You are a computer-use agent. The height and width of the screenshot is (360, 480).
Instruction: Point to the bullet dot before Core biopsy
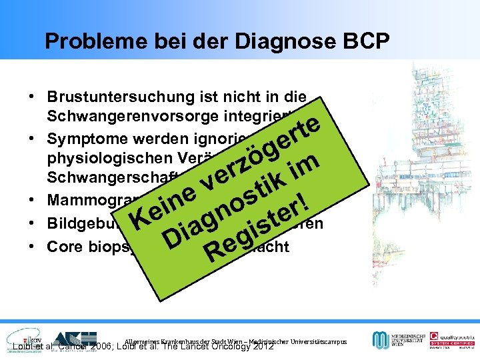[x=33, y=246]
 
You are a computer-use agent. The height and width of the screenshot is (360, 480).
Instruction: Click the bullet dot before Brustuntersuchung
[x=33, y=97]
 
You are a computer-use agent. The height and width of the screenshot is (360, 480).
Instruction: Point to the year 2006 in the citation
[x=99, y=347]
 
